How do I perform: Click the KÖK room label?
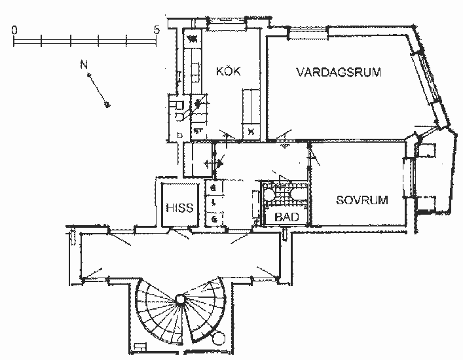[x=228, y=71]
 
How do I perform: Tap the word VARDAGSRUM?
[x=338, y=71]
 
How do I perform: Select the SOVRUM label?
[x=361, y=200]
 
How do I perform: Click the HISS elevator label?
[x=179, y=208]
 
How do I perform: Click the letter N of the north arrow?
[x=83, y=64]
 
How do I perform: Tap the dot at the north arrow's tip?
[x=108, y=105]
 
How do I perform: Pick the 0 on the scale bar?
[x=14, y=30]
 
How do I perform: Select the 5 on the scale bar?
[x=156, y=30]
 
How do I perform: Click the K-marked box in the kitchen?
[x=251, y=132]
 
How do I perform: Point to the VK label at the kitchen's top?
[x=193, y=39]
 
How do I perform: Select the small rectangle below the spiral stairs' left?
[x=138, y=345]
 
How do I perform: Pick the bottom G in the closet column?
[x=214, y=217]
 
